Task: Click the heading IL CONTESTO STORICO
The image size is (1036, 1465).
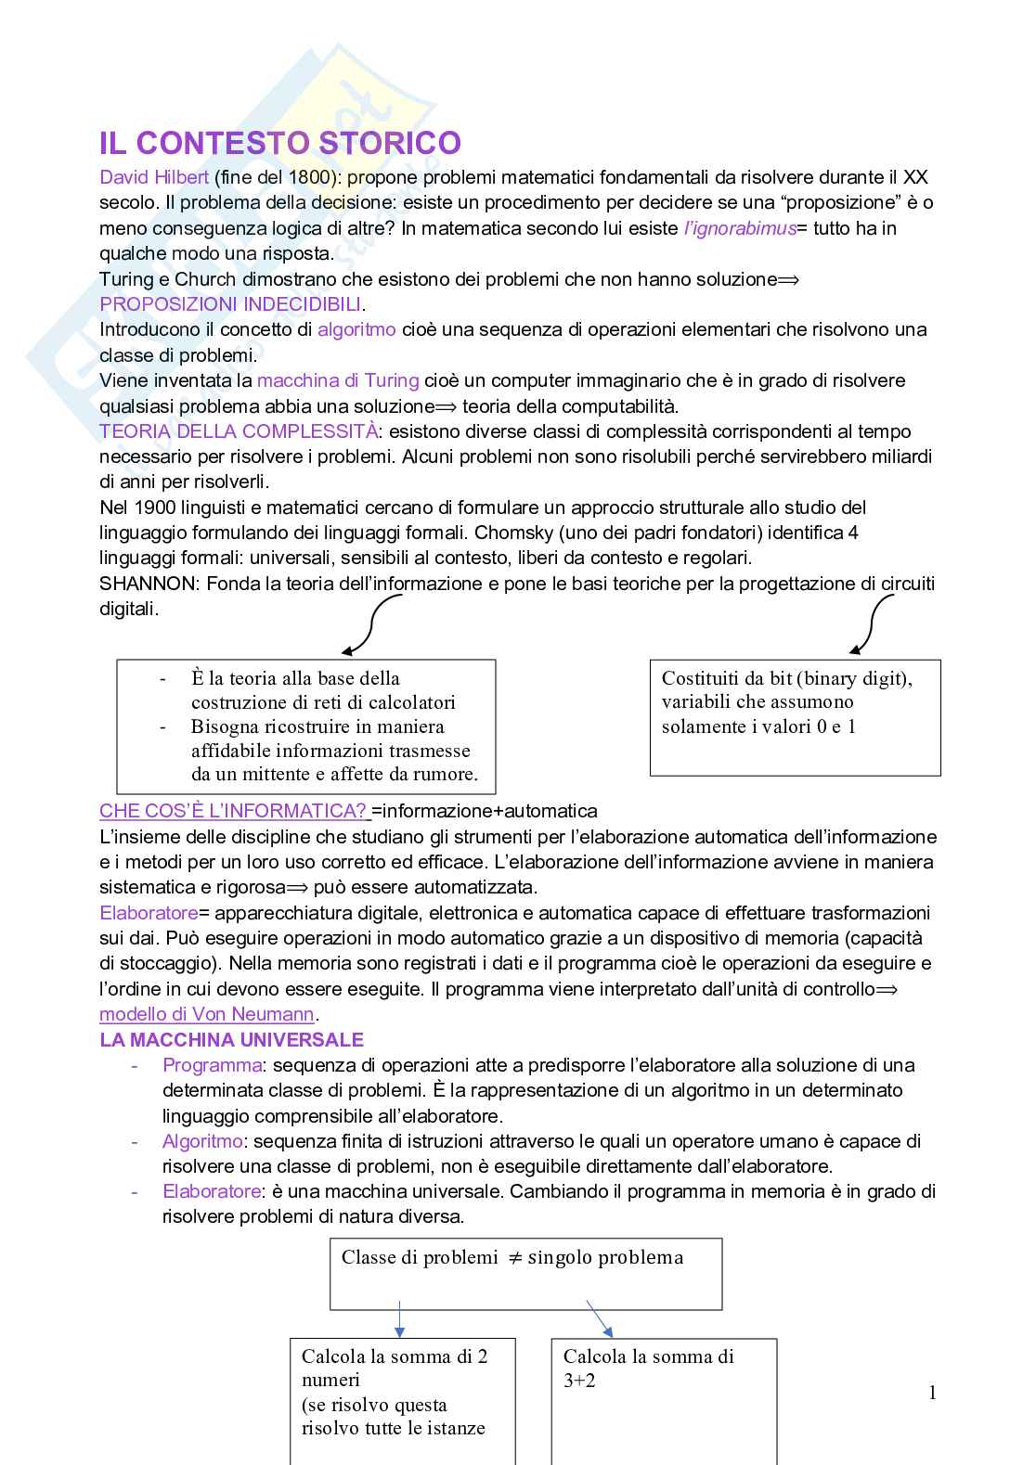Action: tap(279, 144)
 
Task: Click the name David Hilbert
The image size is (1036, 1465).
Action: tap(154, 177)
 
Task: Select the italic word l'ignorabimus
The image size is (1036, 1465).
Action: tap(740, 228)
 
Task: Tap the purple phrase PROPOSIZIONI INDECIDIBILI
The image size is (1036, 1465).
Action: tap(231, 304)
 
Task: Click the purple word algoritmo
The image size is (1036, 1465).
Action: tap(356, 329)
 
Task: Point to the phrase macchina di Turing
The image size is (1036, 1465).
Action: tap(338, 380)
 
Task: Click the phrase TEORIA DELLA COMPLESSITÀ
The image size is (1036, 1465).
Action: tap(239, 431)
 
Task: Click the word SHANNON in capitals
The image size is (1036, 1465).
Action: tap(149, 584)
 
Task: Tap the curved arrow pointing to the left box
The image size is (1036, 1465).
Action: tap(369, 625)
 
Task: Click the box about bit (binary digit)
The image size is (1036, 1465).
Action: tap(795, 716)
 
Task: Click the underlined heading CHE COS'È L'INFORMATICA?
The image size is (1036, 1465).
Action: tap(233, 811)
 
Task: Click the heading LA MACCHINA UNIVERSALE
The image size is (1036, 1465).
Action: tap(231, 1040)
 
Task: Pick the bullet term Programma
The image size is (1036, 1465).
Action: tap(212, 1065)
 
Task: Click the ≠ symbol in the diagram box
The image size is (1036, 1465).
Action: tap(516, 1258)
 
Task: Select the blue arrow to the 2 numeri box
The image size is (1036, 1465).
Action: tap(399, 1318)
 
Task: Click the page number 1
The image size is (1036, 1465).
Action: tap(932, 1393)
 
